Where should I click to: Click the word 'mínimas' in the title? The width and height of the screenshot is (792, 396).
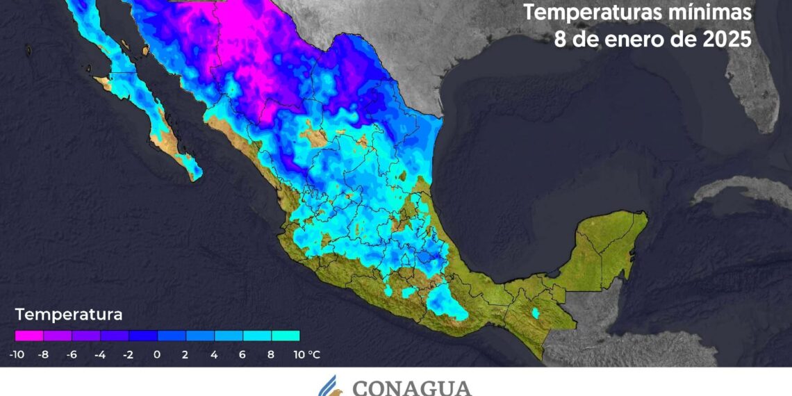711,13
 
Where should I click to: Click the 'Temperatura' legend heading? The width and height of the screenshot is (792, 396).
69,315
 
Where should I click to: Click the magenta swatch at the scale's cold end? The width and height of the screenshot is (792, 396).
29,336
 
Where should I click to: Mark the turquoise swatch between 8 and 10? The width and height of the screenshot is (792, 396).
286,336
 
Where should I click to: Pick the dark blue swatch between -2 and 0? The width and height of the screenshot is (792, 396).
143,336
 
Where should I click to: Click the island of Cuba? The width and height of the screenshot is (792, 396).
736,191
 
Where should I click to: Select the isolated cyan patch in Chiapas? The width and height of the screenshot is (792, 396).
536,313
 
